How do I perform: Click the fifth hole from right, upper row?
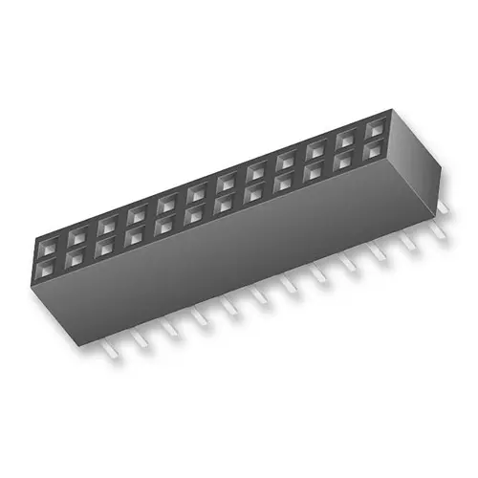click(x=256, y=168)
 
